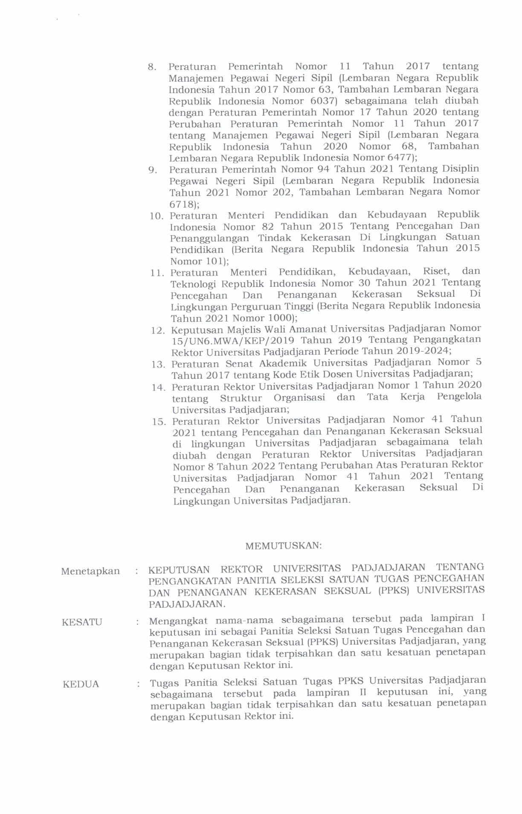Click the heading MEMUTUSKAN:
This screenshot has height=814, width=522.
283,546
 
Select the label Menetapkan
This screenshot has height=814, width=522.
90,571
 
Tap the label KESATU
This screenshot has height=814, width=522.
82,622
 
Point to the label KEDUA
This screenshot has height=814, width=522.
81,684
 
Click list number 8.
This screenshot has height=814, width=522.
152,67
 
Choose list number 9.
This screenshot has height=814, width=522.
152,170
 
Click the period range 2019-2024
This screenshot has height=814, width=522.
422,351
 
